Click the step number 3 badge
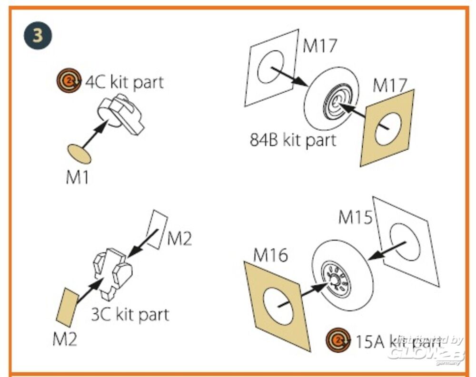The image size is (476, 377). tap(37, 37)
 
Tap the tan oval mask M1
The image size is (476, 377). tap(78, 154)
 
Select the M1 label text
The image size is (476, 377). tap(78, 178)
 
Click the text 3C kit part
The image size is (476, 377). tap(130, 314)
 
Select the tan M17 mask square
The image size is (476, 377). tap(387, 127)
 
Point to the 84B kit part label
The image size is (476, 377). tap(293, 140)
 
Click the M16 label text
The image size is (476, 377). tap(270, 255)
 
